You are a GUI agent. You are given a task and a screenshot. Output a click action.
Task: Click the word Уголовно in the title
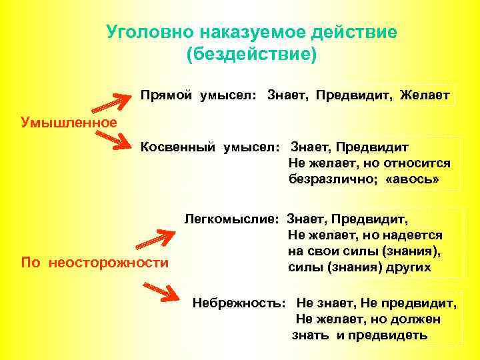146,32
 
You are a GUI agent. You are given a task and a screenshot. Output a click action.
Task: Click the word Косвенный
175,146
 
